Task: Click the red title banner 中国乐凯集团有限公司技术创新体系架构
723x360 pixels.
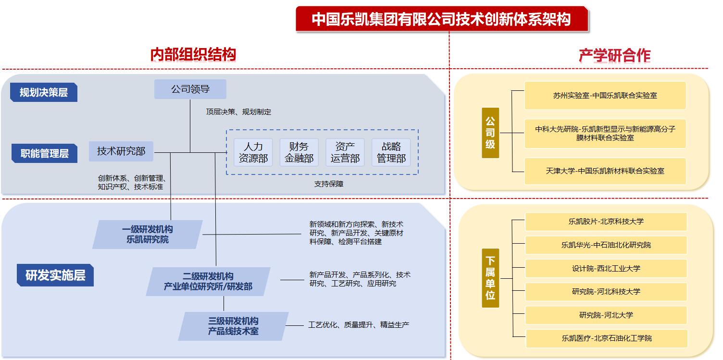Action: [441, 19]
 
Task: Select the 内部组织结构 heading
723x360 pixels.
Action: [193, 54]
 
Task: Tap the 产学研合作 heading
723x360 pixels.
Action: [614, 56]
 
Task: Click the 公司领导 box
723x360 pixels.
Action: [190, 89]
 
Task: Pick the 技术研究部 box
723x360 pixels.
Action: [121, 151]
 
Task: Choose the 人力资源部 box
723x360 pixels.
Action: [253, 152]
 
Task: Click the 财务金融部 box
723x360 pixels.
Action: [299, 152]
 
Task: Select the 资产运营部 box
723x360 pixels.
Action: [345, 152]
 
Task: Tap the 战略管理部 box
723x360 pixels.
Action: [391, 152]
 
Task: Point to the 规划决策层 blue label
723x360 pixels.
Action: [44, 92]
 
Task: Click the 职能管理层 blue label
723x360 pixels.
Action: [45, 153]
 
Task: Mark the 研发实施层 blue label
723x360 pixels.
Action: [55, 276]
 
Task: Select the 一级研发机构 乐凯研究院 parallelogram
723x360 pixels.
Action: [148, 234]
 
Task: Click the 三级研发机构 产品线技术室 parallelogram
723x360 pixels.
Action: [233, 326]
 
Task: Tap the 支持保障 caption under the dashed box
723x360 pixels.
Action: [329, 184]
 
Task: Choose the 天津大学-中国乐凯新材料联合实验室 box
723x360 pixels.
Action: [605, 171]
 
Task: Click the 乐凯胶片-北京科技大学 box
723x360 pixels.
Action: [606, 222]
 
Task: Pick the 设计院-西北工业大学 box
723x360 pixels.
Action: [606, 268]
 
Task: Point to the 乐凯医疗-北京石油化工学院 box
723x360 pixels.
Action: [607, 338]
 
